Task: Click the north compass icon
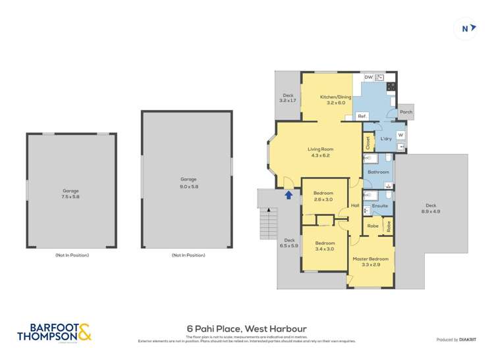(x=466, y=28)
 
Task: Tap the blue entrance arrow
(x=287, y=194)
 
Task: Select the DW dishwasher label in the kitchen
(x=369, y=78)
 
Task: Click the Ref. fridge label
(x=362, y=116)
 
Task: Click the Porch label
(x=406, y=112)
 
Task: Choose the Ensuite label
(x=380, y=206)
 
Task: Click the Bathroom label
(x=378, y=172)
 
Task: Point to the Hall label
(x=355, y=206)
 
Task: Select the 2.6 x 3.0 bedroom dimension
(x=323, y=199)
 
